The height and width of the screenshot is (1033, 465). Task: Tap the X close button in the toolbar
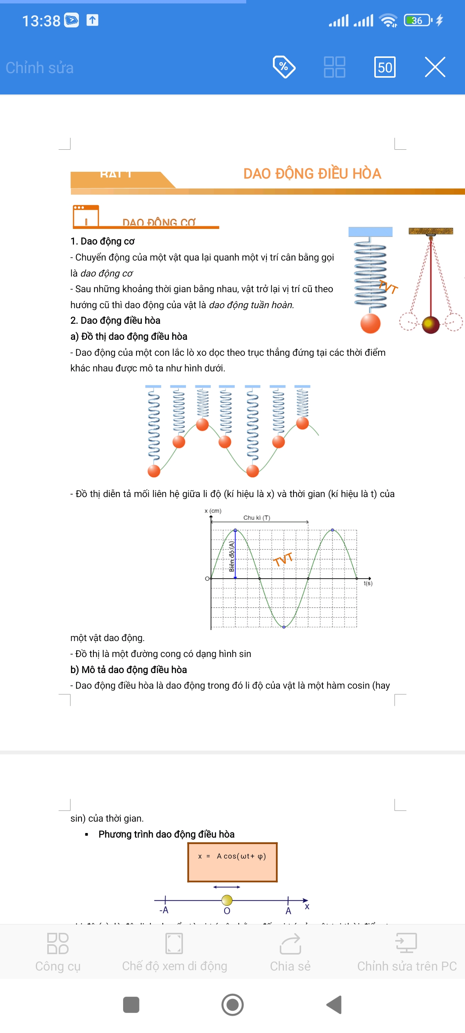435,67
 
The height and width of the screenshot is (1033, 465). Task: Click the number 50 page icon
384,67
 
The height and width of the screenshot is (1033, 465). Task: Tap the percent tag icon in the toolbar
284,67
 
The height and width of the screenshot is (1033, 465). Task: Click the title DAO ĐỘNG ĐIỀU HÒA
312,174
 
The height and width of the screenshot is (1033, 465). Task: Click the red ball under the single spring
370,323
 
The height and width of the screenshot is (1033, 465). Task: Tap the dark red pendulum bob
430,325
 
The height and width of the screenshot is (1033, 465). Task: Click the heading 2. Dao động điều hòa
115,320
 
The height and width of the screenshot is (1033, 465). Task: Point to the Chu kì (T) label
257,518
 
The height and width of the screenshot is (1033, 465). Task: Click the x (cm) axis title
213,511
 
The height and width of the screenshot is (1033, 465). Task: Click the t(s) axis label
367,583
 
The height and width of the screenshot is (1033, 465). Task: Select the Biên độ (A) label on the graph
231,556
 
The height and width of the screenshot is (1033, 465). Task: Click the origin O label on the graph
207,579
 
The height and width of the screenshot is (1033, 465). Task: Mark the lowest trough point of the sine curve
284,627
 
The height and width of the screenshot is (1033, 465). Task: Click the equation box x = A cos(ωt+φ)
232,862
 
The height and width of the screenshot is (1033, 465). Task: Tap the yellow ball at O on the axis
227,900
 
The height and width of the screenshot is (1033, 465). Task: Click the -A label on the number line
164,910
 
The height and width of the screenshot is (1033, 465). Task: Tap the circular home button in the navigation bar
232,1004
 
